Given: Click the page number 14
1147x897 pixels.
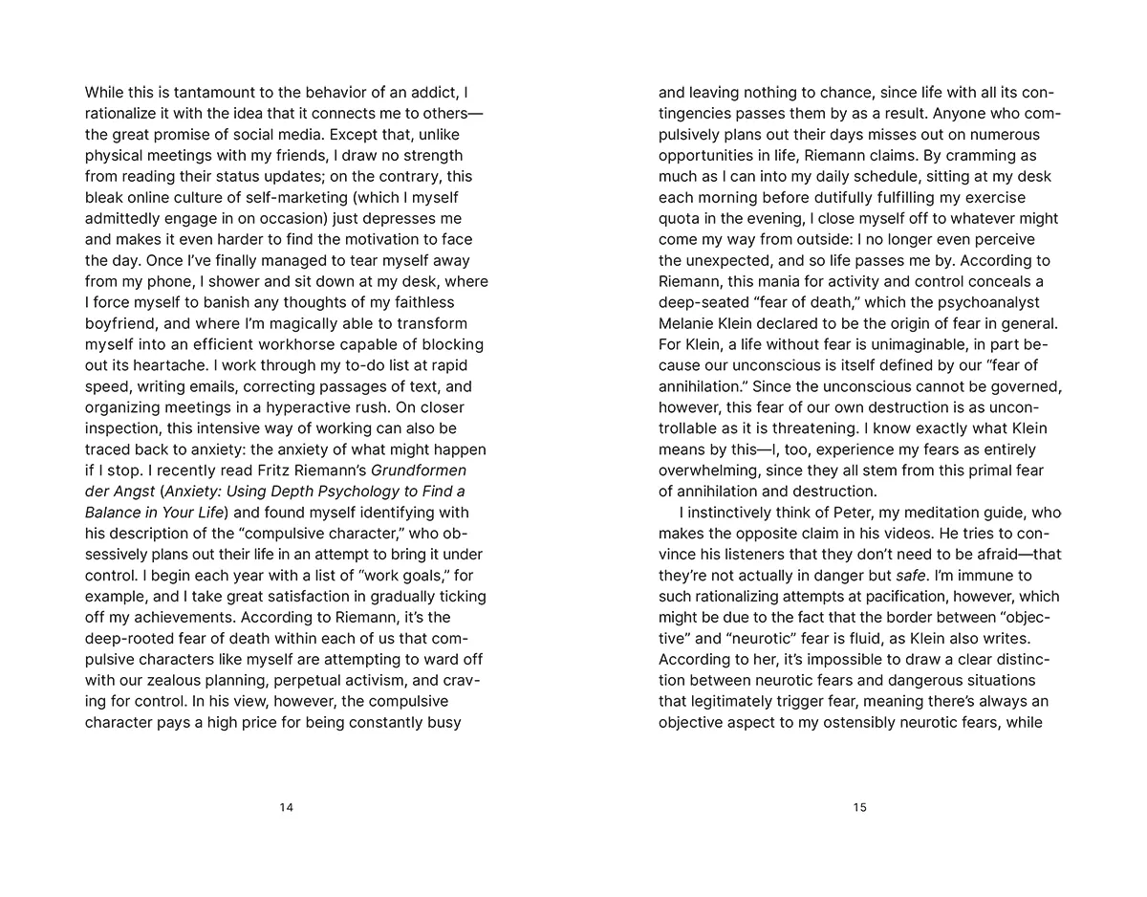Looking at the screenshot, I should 286,808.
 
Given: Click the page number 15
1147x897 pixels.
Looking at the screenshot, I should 859,808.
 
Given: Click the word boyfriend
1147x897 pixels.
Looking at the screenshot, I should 121,323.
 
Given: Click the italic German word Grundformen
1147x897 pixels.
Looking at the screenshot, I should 418,470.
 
